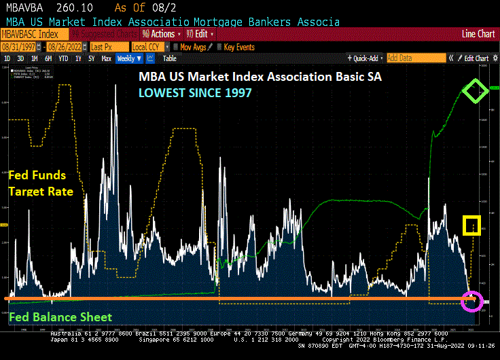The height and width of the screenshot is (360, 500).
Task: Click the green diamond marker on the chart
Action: coord(476,91)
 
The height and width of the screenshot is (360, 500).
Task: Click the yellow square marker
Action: coord(471,225)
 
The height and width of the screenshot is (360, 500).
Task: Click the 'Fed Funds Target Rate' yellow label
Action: coord(40,184)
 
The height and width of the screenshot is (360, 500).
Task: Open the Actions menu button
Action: coord(161,33)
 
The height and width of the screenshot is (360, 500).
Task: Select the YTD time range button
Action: coord(63,58)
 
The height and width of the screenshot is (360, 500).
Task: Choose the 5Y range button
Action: coord(91,58)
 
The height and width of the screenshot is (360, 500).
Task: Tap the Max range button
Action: coord(106,58)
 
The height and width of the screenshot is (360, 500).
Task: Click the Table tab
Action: coord(169,58)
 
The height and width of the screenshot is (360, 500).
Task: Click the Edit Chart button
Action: coord(471,58)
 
